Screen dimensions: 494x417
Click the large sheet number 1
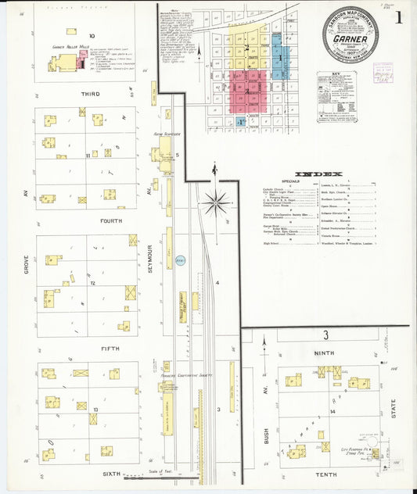(400, 18)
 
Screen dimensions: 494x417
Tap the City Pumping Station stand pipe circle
(375, 453)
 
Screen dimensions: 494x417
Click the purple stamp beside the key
(383, 73)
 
